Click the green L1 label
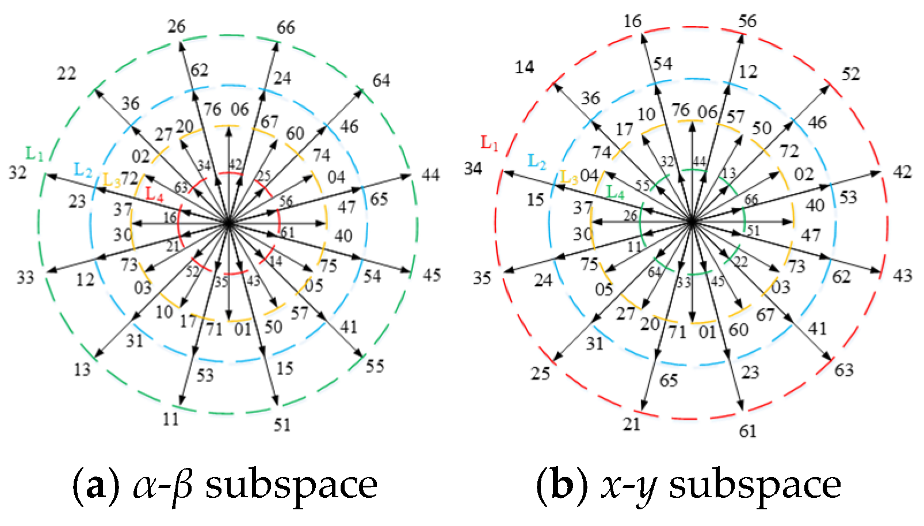(35, 154)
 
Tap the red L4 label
(155, 195)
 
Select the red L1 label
(490, 143)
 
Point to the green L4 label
(616, 193)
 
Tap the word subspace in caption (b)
(755, 486)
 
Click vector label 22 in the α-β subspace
(66, 74)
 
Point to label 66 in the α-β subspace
(286, 28)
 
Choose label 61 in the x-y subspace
(747, 432)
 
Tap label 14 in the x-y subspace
(525, 67)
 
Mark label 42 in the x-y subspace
(903, 172)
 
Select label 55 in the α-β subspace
(375, 367)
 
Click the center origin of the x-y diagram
(693, 222)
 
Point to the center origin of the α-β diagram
(228, 223)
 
